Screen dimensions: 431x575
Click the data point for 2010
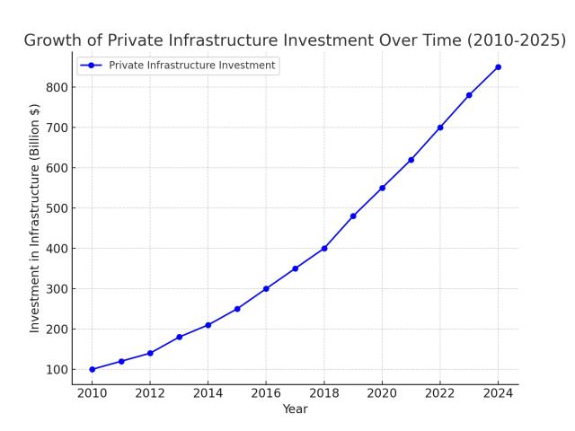pos(92,369)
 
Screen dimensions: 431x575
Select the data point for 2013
pos(179,337)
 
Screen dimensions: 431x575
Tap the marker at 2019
pos(353,215)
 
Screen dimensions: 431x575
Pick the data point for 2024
pos(498,66)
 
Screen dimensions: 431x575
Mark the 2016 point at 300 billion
pos(266,288)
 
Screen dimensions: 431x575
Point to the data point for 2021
pos(411,160)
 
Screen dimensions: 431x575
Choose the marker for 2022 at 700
pos(440,128)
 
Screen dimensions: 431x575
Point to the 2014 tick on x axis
pos(208,392)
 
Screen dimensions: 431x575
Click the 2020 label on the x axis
pos(382,392)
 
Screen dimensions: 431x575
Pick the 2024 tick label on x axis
pos(498,392)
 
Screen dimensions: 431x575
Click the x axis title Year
pos(295,409)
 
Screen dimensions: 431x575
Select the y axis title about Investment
pos(35,218)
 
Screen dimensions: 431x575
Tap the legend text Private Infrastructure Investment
pos(192,66)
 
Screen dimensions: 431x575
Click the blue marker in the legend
pos(91,66)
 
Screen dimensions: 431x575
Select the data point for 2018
pos(324,248)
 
